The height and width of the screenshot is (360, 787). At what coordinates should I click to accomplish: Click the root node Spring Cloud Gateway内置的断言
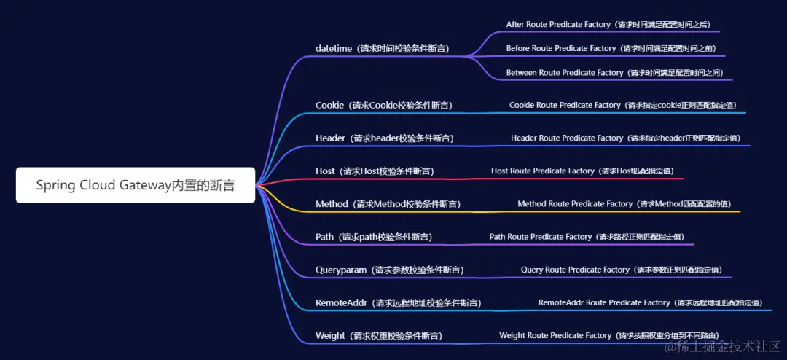tap(136, 185)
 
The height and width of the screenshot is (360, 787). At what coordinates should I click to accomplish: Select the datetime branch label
tap(382, 49)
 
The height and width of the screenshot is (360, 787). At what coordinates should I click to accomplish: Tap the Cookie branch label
tap(383, 105)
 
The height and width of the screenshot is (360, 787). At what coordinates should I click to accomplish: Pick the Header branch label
tap(383, 138)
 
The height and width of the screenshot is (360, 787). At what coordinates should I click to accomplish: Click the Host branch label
tap(374, 171)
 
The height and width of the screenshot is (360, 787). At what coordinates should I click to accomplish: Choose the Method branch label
tap(388, 204)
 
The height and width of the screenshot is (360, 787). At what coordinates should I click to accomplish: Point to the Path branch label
tap(373, 237)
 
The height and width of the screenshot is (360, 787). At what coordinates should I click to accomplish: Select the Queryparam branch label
tap(389, 270)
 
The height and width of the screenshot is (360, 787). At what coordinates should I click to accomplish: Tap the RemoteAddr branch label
tap(398, 302)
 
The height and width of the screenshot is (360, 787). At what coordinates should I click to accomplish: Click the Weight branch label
tap(378, 336)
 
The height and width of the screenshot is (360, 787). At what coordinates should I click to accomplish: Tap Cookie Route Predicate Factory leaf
tap(622, 105)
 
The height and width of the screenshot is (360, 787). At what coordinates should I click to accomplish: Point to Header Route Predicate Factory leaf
tap(625, 138)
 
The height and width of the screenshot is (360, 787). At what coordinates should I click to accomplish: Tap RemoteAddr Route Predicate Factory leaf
tap(650, 302)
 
